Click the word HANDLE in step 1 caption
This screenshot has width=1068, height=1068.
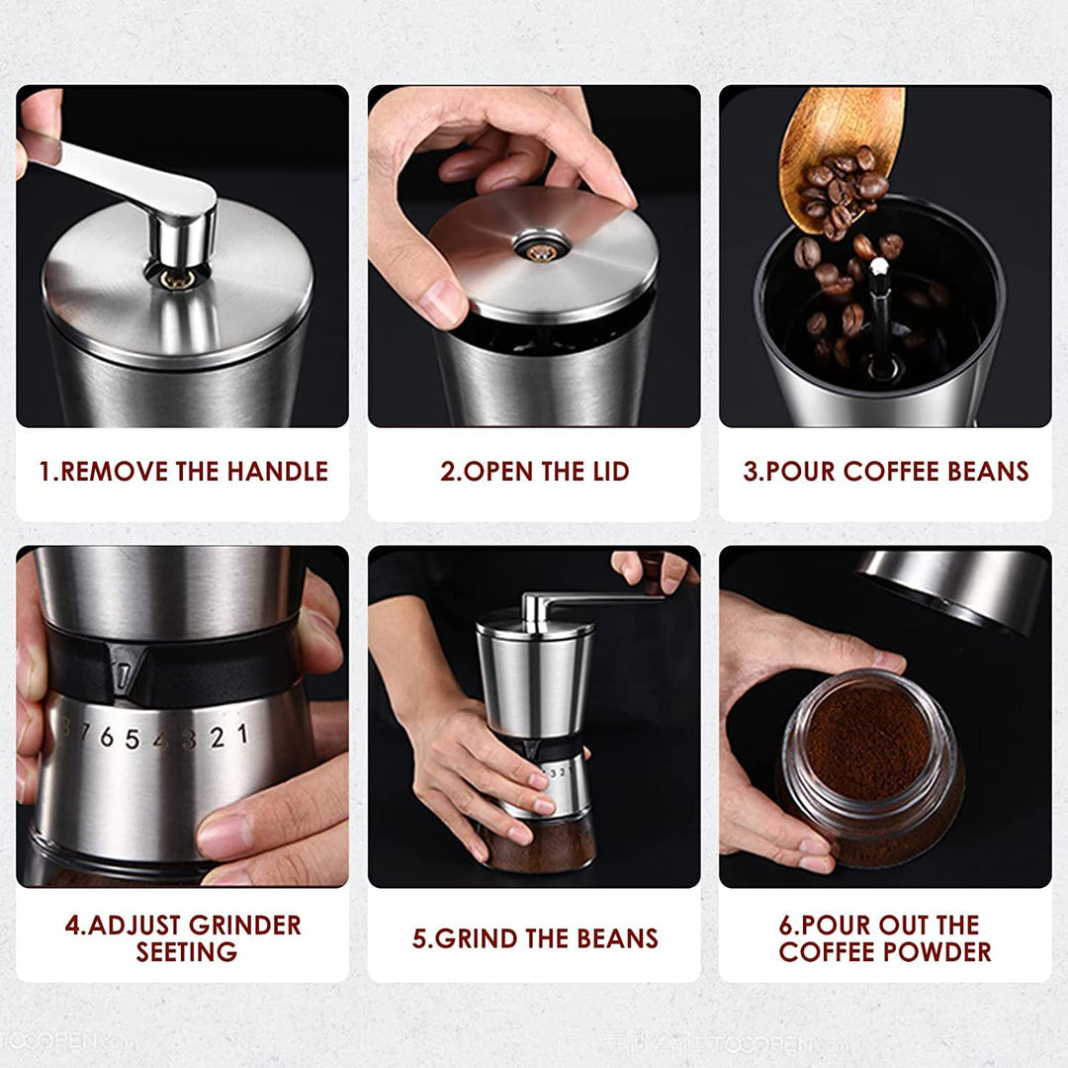(x=278, y=472)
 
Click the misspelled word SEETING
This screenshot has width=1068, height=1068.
(x=187, y=952)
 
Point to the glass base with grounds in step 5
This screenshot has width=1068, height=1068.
(x=538, y=845)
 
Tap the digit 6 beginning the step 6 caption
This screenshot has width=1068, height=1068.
(x=784, y=926)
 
